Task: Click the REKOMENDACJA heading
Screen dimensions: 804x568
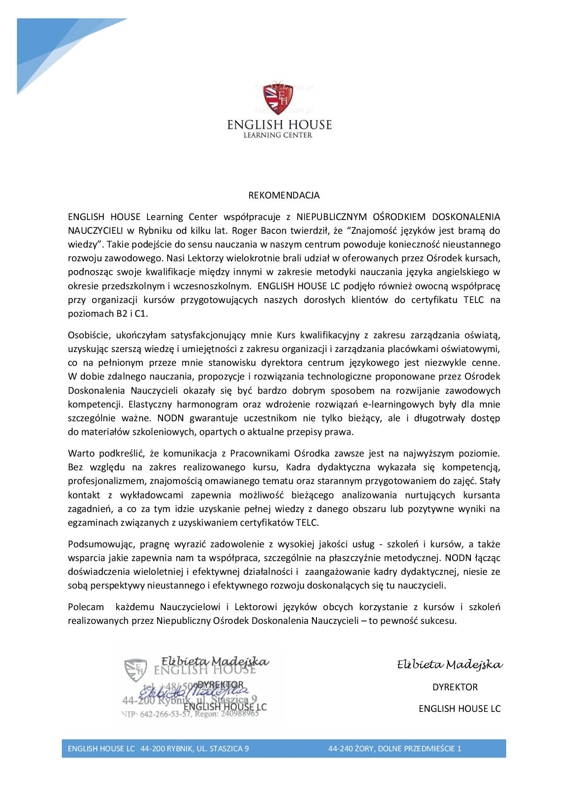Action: [x=284, y=195]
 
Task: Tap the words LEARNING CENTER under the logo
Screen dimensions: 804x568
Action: [x=279, y=135]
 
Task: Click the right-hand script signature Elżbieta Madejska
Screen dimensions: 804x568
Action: [x=449, y=665]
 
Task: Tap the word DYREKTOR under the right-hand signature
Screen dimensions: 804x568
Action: [x=455, y=687]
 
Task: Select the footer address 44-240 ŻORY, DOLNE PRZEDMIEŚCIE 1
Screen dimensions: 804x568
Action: [x=394, y=749]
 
